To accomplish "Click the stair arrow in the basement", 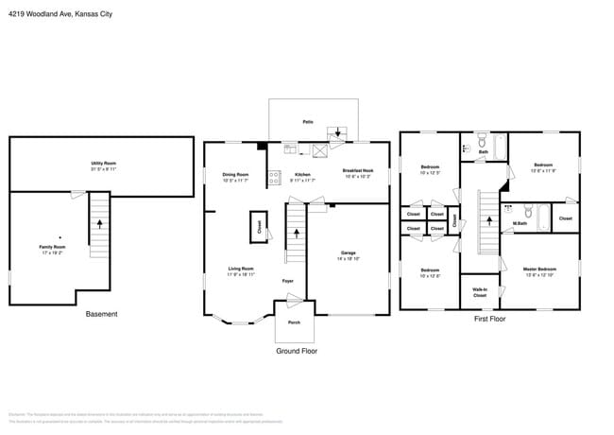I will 99,225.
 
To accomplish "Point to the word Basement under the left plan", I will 102,314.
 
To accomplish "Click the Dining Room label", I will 235,176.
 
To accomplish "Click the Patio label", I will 308,122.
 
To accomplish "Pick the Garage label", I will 348,254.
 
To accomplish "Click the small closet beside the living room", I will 258,227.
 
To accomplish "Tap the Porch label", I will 293,322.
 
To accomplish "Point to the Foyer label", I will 288,281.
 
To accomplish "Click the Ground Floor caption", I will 296,351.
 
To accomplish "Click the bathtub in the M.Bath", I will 543,217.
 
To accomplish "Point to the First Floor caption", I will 489,320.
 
